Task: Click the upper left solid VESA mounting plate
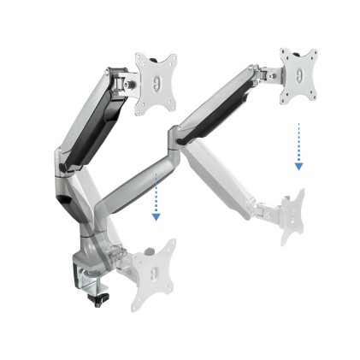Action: click(x=156, y=82)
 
